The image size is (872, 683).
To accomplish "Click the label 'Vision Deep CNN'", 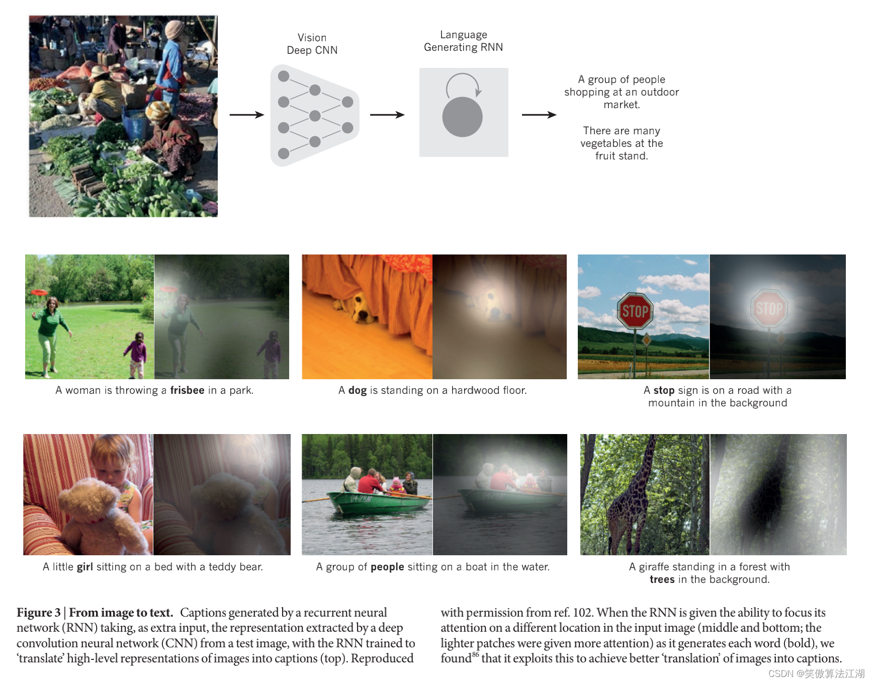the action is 312,44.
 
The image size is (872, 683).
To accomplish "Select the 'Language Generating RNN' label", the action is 463,41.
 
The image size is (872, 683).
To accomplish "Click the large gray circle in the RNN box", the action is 462,117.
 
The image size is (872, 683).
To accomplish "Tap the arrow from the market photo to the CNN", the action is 246,115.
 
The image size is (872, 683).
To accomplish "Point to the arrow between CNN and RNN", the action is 387,115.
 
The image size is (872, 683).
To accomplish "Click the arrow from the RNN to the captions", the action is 539,115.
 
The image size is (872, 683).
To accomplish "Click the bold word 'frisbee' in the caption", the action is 187,390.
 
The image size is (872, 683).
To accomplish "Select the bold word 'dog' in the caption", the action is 357,390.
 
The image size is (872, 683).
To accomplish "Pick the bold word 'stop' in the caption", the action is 664,390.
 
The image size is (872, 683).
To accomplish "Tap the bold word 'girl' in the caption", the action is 84,567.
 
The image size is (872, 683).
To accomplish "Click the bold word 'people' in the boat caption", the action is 387,567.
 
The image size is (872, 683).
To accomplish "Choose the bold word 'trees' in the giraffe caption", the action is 662,579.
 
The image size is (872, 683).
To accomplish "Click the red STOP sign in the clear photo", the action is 635,311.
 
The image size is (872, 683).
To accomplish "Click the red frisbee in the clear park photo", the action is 39,292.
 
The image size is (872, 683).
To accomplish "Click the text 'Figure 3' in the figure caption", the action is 38,613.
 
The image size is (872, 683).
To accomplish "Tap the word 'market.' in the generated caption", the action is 622,105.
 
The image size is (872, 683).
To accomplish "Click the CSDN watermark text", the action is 816,673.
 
